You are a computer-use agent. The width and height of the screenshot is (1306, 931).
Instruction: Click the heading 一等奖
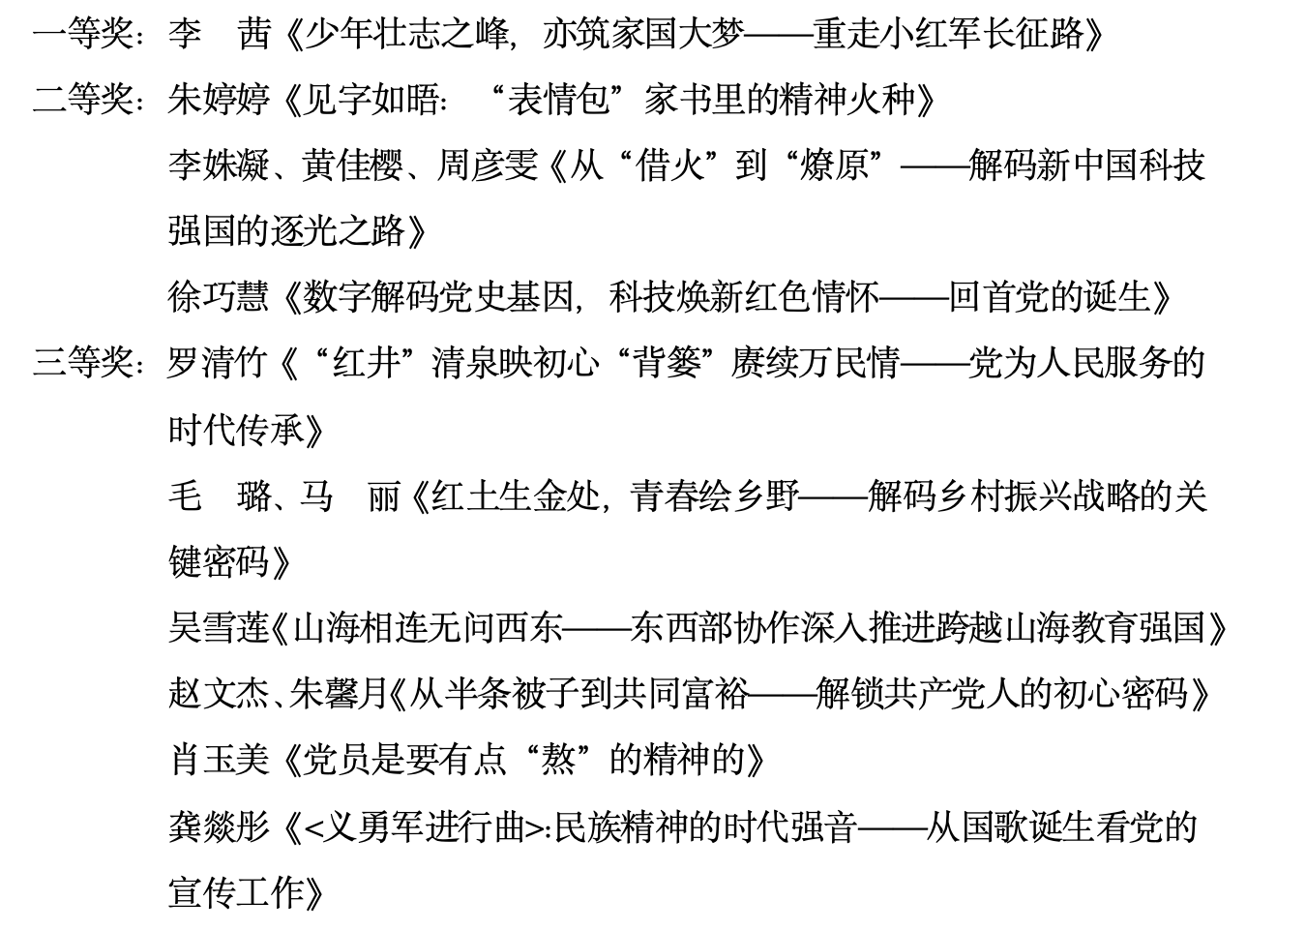tap(83, 34)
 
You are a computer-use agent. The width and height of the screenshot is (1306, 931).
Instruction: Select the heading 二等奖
tap(83, 100)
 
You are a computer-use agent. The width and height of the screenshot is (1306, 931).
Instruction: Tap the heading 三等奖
tap(83, 363)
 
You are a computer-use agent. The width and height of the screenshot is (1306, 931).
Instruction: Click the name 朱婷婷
tap(219, 100)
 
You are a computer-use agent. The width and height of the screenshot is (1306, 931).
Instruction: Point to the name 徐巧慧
tap(219, 297)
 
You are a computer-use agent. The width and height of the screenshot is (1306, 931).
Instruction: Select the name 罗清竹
tap(219, 363)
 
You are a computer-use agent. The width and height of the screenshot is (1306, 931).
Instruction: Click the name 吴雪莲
tap(219, 627)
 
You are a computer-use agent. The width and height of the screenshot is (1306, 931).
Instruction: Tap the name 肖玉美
tap(219, 760)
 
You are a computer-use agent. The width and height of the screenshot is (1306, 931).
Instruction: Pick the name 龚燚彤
tap(219, 827)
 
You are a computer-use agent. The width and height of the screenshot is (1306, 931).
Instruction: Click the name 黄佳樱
tap(352, 165)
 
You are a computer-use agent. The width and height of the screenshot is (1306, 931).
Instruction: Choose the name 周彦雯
tap(488, 165)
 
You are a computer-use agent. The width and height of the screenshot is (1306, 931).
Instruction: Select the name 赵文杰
tap(219, 694)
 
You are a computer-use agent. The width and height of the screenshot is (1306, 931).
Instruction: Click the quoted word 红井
tap(366, 363)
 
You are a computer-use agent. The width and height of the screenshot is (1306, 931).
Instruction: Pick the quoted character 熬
tap(558, 760)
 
